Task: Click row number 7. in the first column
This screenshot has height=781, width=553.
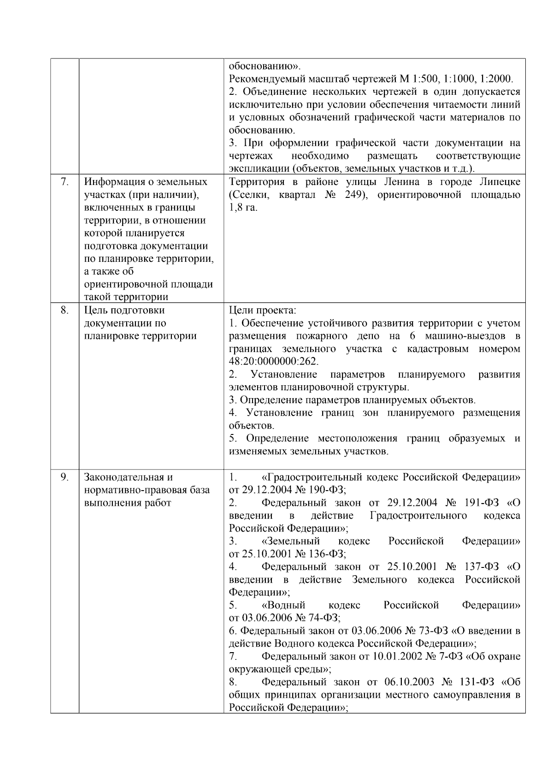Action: [65, 182]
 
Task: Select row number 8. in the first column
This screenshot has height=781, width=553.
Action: [65, 310]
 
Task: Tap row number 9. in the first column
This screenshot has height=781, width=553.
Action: [65, 477]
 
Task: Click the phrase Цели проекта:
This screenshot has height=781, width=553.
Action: [263, 310]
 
